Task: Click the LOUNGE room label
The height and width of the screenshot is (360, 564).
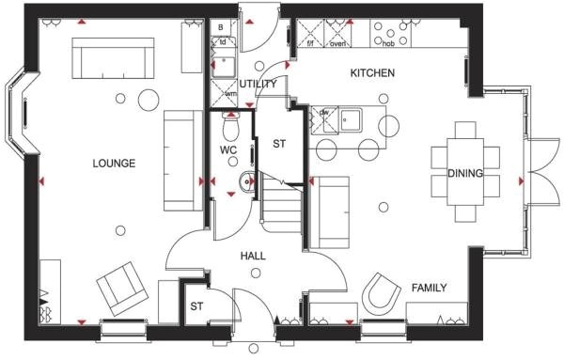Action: tap(114, 164)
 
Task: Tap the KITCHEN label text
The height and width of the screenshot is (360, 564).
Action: tap(372, 73)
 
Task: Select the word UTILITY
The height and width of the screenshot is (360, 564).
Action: tap(258, 84)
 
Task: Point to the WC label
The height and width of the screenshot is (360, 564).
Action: tap(228, 149)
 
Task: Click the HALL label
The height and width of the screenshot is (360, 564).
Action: tap(253, 255)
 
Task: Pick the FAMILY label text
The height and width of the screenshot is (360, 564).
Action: tap(429, 289)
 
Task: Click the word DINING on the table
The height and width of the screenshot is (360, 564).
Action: tap(465, 173)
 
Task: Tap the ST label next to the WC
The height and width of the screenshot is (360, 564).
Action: tap(279, 144)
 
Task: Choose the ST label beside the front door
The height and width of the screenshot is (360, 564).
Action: tap(197, 306)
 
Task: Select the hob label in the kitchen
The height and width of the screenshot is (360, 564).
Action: tap(388, 43)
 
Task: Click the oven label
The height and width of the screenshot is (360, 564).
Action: tap(339, 43)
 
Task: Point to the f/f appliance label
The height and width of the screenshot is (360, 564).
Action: tap(311, 43)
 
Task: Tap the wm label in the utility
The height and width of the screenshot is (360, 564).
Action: tap(230, 93)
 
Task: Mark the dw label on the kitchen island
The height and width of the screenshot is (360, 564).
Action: tap(324, 113)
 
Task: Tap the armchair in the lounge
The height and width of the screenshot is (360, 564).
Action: tap(119, 288)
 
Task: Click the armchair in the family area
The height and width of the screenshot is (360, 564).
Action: tap(382, 294)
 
